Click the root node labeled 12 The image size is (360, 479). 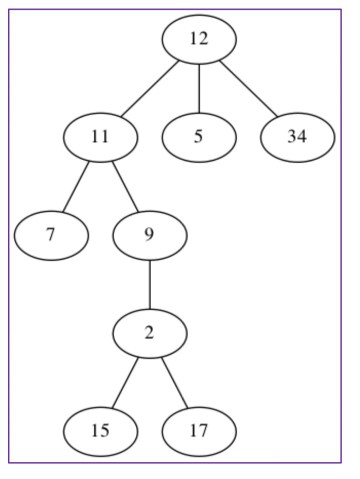[199, 39]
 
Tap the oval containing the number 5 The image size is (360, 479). [199, 137]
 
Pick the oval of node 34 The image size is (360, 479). [297, 137]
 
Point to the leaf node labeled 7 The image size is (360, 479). [51, 235]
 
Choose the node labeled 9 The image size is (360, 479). [149, 235]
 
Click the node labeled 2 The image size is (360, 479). [149, 333]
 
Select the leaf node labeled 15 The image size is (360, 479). [100, 431]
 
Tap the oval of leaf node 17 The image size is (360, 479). [199, 431]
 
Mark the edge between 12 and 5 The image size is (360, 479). [199, 88]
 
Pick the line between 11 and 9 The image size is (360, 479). [124, 186]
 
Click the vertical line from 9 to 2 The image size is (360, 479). [149, 284]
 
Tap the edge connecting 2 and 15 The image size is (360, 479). [125, 382]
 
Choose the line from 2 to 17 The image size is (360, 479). [174, 382]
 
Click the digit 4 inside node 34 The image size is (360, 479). [302, 137]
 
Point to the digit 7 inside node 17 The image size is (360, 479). [204, 431]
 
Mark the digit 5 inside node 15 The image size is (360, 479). [105, 431]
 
